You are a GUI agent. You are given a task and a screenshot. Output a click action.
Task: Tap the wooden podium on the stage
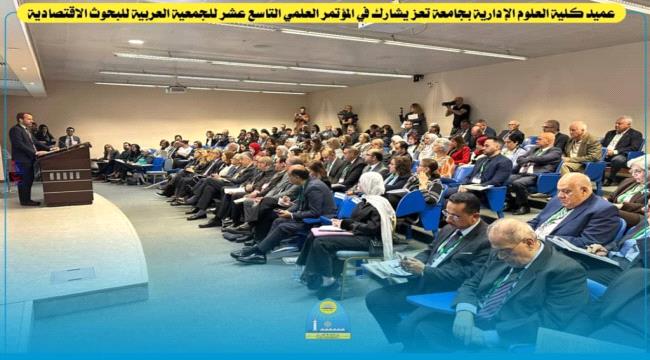point(66,174)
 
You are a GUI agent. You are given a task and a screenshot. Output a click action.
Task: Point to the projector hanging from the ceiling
point(176,89)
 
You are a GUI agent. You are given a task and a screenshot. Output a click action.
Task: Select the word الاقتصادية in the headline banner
point(60,13)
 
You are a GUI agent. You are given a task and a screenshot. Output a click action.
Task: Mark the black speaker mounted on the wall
point(417,77)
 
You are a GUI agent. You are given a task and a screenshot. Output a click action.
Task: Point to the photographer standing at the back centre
point(347,118)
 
